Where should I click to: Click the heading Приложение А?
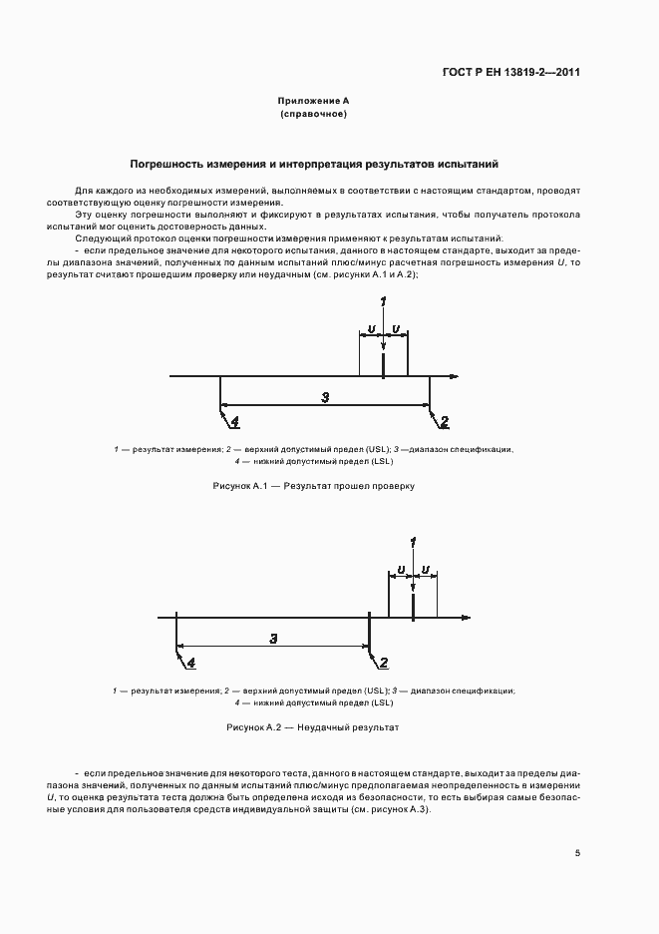[313, 102]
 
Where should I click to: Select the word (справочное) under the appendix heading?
[313, 114]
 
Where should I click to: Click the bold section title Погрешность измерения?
[313, 163]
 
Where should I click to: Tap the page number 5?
[577, 852]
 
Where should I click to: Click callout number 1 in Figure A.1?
[383, 303]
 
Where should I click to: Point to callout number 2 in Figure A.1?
[445, 420]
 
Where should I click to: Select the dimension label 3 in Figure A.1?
[325, 397]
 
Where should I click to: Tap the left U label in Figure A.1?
[371, 328]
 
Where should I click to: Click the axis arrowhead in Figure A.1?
[454, 376]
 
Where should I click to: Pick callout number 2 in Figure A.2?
[381, 661]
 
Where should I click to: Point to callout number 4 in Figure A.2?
[190, 661]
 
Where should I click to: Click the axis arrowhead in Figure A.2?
[466, 618]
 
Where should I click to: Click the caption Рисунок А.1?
[313, 486]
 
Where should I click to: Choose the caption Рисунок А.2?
[313, 727]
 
